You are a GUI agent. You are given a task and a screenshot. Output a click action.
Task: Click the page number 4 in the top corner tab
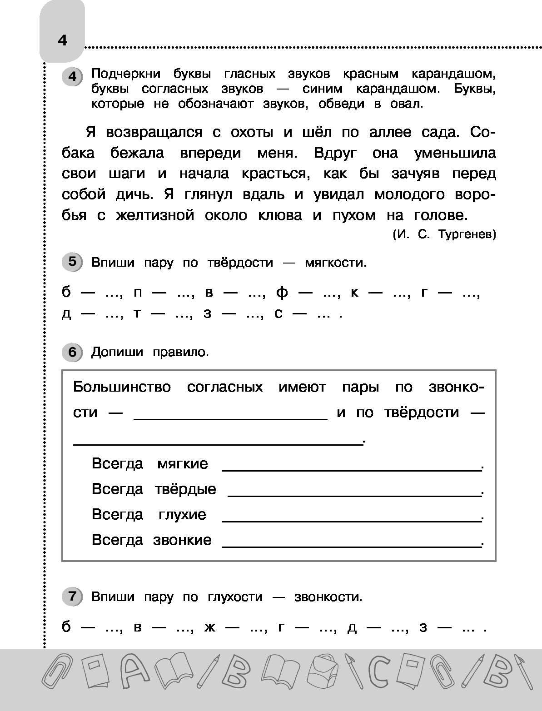[62, 40]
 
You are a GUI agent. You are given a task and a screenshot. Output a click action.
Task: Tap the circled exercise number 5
[72, 262]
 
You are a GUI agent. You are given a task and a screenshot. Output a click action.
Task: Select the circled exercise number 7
[72, 596]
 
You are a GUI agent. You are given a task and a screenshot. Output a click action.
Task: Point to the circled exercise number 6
[72, 352]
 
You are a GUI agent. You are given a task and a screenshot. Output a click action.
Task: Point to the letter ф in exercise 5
[282, 293]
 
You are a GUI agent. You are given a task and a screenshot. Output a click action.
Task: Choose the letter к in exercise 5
[355, 293]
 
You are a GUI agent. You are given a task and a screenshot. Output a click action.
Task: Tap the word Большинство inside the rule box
[122, 387]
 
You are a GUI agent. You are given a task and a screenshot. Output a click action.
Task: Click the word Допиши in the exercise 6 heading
[117, 352]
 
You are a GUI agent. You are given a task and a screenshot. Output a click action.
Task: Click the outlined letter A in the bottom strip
[132, 671]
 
